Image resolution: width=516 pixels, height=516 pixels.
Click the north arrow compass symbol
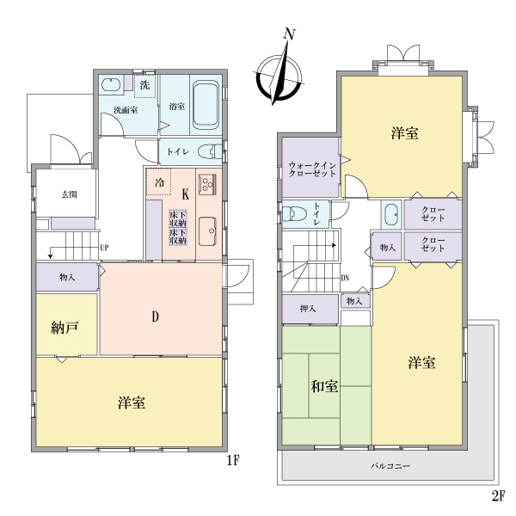(x=279, y=78)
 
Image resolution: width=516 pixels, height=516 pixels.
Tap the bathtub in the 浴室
(x=206, y=105)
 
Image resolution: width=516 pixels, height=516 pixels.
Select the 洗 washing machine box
(x=144, y=86)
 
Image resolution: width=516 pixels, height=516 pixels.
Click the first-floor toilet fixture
(x=210, y=151)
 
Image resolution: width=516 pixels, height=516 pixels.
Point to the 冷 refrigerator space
(x=158, y=182)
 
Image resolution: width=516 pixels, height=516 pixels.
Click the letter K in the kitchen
(x=186, y=194)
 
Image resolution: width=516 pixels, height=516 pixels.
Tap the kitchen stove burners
(x=207, y=184)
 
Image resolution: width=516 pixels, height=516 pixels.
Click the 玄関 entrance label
(x=69, y=194)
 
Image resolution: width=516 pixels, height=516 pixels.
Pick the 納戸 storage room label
(x=64, y=328)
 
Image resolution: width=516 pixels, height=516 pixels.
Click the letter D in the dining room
(x=156, y=316)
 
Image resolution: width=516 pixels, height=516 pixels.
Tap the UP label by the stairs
(x=104, y=248)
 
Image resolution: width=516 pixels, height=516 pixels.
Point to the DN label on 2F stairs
(x=345, y=278)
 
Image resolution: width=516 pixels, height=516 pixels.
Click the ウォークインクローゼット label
(x=312, y=169)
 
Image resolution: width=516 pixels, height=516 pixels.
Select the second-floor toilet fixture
(x=294, y=214)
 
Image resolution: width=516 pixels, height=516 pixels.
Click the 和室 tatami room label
(x=324, y=386)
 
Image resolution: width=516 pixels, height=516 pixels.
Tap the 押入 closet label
(x=308, y=309)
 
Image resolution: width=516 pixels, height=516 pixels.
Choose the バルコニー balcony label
(x=390, y=466)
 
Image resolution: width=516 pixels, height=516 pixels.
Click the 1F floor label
(x=233, y=461)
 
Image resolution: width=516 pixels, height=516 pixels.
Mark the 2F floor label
(x=499, y=496)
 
